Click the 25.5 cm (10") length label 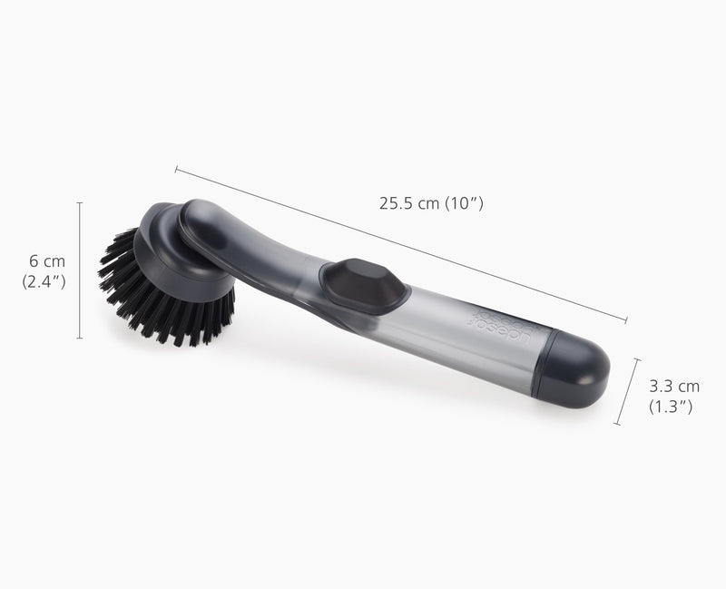tap(431, 203)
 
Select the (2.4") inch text tap(44, 281)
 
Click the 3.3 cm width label tap(673, 387)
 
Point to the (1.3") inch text tap(673, 407)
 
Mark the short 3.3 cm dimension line tap(627, 391)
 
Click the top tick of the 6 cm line tap(80, 203)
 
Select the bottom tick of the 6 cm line tap(80, 339)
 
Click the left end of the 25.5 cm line tap(176, 169)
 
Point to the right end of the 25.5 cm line tap(626, 319)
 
